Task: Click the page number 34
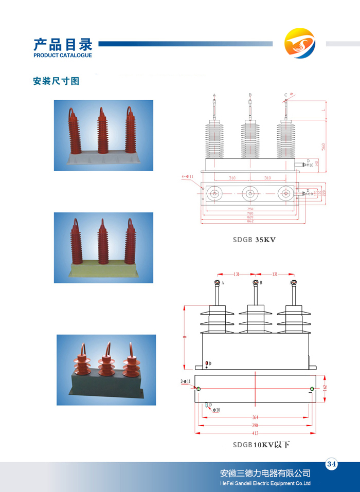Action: pyautogui.click(x=331, y=464)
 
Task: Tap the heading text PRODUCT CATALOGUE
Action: pyautogui.click(x=63, y=55)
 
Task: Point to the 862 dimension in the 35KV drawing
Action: pyautogui.click(x=250, y=221)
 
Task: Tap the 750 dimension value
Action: pyautogui.click(x=250, y=209)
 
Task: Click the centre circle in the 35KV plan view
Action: pyautogui.click(x=250, y=194)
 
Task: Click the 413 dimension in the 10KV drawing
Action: pyautogui.click(x=256, y=433)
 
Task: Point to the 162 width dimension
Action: pyautogui.click(x=325, y=387)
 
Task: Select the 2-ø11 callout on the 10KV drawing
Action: pyautogui.click(x=186, y=381)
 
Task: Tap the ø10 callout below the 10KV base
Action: pyautogui.click(x=217, y=410)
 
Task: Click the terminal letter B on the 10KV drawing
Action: pyautogui.click(x=261, y=283)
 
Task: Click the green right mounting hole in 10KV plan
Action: pyautogui.click(x=312, y=389)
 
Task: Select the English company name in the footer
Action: pyautogui.click(x=265, y=483)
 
